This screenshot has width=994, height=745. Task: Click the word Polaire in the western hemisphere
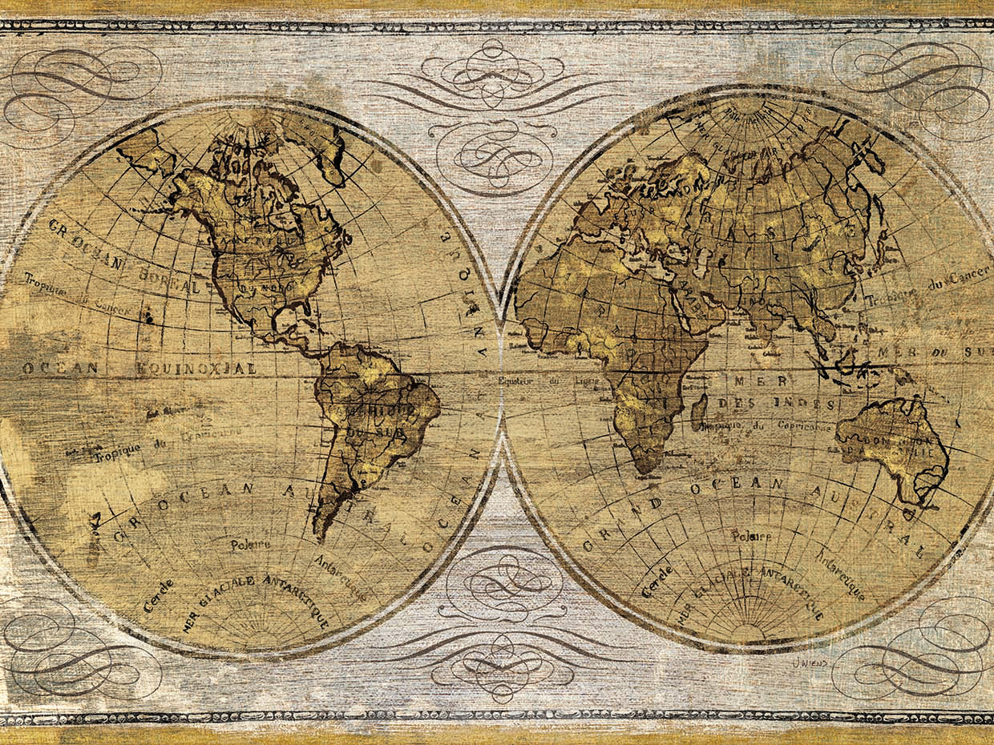[x=250, y=545]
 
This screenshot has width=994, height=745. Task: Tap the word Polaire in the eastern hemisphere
[x=750, y=535]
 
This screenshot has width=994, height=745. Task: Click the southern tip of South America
[x=319, y=535]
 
